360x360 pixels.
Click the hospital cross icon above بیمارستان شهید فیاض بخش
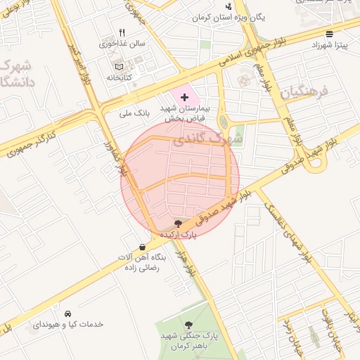(184, 96)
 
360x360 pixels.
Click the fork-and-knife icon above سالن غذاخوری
(122, 32)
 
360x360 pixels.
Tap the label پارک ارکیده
(176, 235)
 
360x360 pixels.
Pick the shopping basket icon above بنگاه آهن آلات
(143, 247)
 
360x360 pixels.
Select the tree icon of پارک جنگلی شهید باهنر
(188, 324)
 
